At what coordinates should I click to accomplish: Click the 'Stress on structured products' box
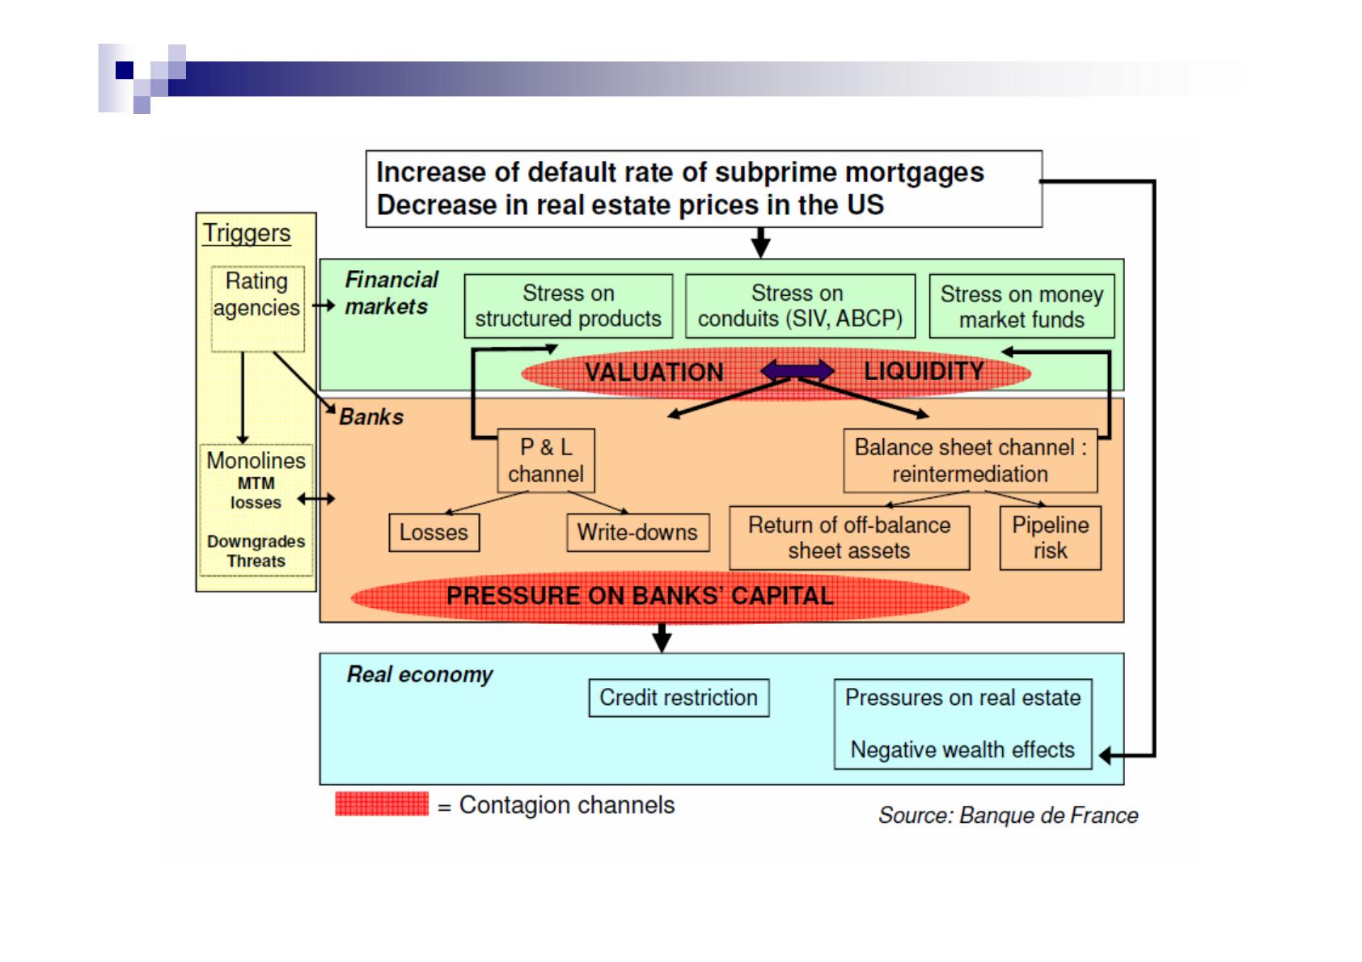coord(568,306)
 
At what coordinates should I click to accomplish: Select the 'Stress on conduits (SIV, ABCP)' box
coord(800,306)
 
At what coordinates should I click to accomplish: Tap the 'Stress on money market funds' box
coord(1021,306)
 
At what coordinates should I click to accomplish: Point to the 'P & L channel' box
coord(546,460)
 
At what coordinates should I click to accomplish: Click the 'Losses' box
coord(434,533)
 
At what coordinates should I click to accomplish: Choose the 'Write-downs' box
coord(637,533)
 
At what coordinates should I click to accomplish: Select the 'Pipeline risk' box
coord(1050,538)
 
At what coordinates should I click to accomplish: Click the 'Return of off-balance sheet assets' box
coord(849,538)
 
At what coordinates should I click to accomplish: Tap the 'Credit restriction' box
coord(679,698)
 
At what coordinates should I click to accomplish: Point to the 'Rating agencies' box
coord(257,295)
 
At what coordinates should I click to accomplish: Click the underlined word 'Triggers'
coord(247,233)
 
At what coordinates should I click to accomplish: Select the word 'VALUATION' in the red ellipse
coord(654,372)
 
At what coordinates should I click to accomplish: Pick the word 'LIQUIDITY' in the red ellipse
coord(924,371)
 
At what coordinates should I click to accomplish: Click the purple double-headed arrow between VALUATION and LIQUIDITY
coord(797,371)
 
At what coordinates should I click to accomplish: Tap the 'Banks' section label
coord(371,417)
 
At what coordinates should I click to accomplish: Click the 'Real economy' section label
coord(420,675)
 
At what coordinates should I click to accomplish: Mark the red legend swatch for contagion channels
coord(382,804)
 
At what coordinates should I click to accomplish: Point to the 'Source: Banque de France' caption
coord(1008,816)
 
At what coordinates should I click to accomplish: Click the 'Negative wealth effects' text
coord(962,750)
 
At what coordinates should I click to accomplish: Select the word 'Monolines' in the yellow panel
coord(256,461)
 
